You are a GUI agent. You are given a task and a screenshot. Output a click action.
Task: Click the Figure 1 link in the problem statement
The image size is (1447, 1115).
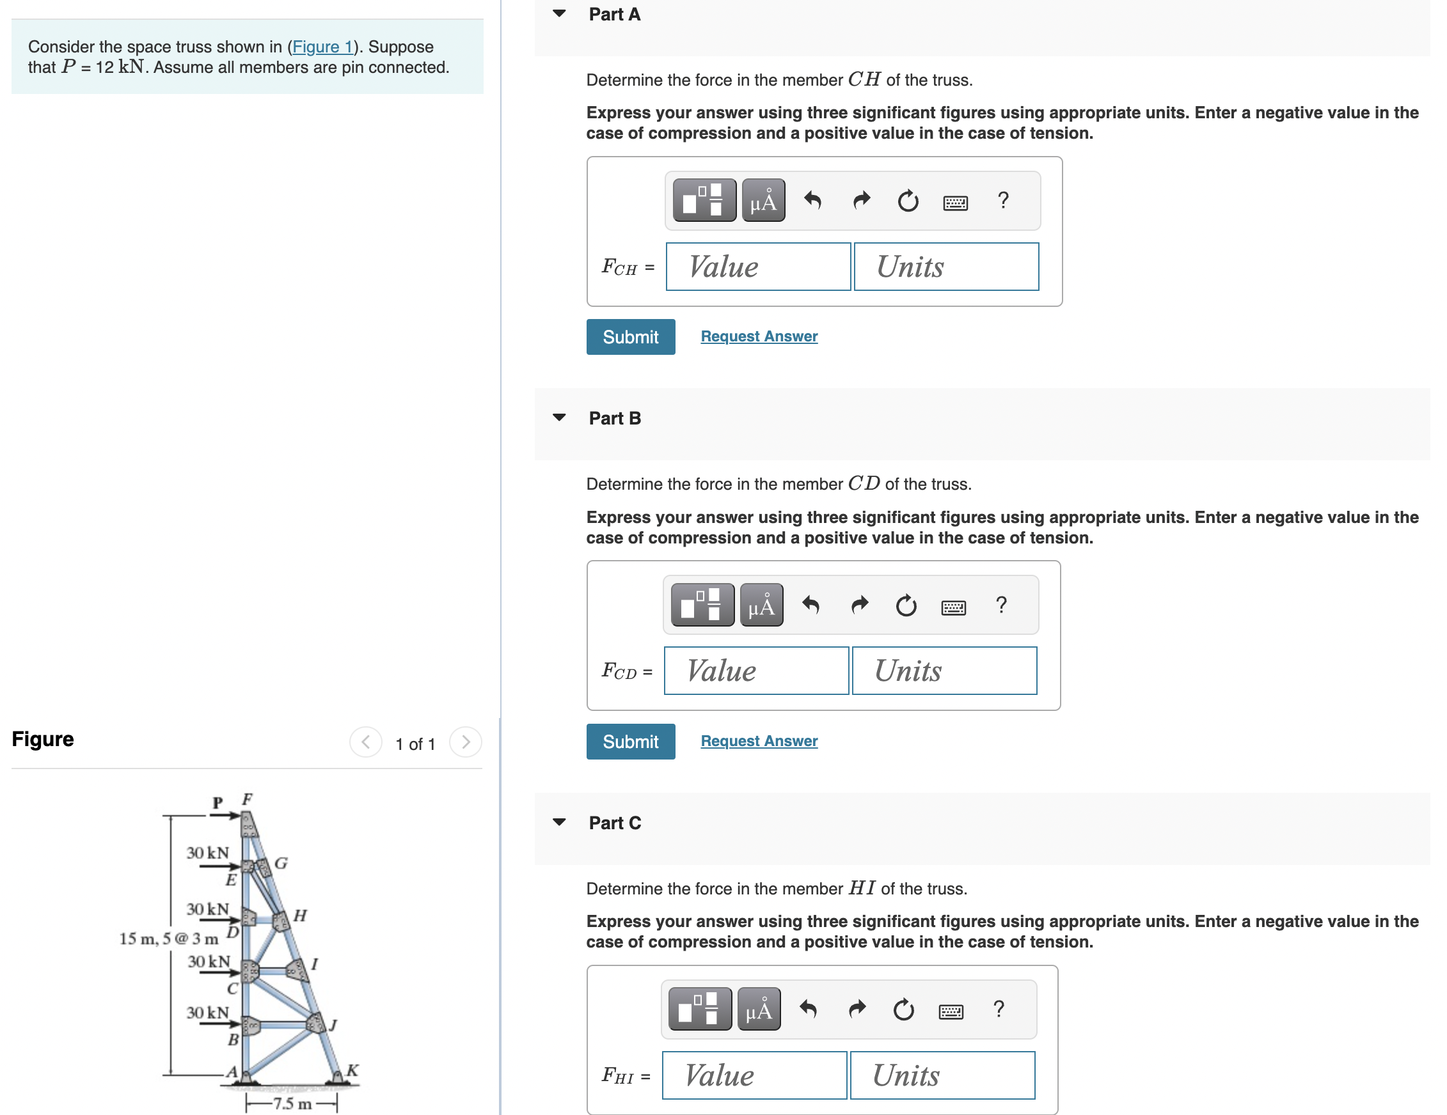(x=322, y=47)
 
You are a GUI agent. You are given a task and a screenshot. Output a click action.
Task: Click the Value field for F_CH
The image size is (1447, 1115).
(x=757, y=267)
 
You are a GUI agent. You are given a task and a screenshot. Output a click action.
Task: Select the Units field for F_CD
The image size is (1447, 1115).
(x=944, y=671)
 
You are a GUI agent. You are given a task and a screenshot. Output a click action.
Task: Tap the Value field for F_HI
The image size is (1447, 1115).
(x=754, y=1075)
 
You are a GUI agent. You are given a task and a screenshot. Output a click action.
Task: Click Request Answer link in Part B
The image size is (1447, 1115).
(x=759, y=741)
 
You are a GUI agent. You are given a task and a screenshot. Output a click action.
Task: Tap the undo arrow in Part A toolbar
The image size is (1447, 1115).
(x=812, y=200)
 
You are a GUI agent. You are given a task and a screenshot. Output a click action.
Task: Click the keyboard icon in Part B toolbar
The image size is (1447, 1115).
(x=953, y=606)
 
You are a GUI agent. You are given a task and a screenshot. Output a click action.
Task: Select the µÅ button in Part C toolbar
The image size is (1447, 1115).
(x=759, y=1010)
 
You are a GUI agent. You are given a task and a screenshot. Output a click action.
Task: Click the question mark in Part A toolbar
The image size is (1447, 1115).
(x=1002, y=200)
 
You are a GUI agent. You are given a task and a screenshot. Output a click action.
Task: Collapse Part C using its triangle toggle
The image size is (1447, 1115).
(x=559, y=822)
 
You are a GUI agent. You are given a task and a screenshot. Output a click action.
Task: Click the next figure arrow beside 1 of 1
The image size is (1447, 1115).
(x=465, y=742)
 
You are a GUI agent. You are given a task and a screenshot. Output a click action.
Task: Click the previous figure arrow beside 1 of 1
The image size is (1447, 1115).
(x=366, y=742)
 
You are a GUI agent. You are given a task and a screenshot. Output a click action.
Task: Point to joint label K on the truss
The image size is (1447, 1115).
(x=352, y=1070)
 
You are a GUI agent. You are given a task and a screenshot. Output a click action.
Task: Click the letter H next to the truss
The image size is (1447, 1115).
(x=300, y=916)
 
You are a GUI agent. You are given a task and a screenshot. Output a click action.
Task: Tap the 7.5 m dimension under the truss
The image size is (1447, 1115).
(x=292, y=1103)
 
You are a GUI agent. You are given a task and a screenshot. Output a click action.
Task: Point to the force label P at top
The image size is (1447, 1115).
(x=217, y=802)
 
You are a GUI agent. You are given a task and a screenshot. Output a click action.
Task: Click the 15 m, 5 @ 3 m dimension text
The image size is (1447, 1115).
(x=168, y=938)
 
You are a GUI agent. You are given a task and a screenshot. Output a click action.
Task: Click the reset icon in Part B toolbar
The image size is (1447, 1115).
(x=905, y=606)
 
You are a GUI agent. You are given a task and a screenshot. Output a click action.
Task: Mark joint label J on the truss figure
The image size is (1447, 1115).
(x=334, y=1025)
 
